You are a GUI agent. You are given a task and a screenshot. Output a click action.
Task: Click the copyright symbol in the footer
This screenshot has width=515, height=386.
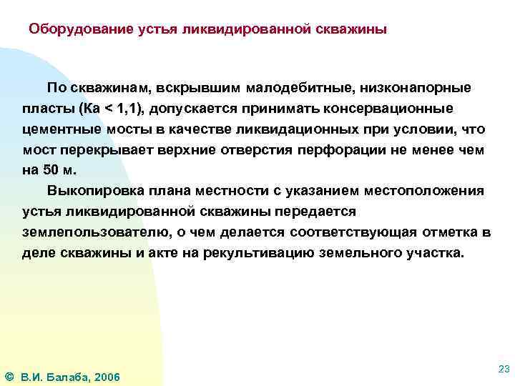coord(9,377)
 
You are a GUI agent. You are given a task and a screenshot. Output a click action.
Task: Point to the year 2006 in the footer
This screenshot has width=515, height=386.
coord(107,377)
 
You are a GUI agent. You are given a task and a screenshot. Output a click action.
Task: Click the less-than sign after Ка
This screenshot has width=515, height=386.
coord(109,109)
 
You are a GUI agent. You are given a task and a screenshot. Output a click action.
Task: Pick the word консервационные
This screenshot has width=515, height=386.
coord(392,109)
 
